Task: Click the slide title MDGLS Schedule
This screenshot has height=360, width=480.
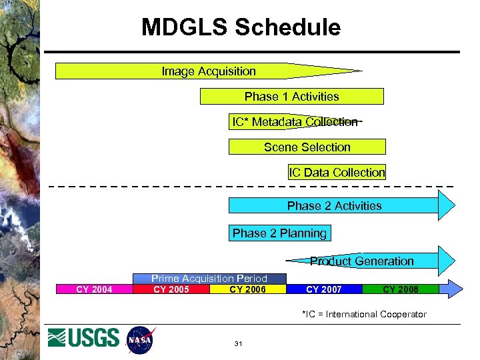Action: [241, 27]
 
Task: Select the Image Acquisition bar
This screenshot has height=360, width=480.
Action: [209, 71]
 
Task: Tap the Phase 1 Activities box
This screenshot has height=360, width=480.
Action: [292, 97]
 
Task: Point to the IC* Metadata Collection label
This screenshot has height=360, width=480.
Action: [295, 122]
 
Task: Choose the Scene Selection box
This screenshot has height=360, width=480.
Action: [307, 147]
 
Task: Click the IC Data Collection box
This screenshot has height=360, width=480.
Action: [337, 173]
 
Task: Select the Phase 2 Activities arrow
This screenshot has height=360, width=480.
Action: [335, 206]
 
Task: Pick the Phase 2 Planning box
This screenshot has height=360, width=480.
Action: [280, 233]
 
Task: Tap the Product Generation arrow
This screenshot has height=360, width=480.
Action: [362, 261]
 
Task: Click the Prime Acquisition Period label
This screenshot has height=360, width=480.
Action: [209, 279]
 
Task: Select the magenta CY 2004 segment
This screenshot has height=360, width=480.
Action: [94, 289]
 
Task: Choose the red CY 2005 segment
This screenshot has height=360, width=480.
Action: [171, 289]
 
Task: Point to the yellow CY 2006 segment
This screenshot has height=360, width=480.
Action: [247, 289]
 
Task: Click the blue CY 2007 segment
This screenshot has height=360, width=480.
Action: [324, 289]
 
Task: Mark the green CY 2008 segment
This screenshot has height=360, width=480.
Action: [400, 289]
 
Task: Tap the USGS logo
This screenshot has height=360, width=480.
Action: [84, 338]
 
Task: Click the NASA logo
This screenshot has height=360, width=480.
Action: [140, 339]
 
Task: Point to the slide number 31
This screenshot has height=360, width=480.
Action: [238, 344]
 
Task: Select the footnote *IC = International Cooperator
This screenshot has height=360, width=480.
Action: [364, 314]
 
